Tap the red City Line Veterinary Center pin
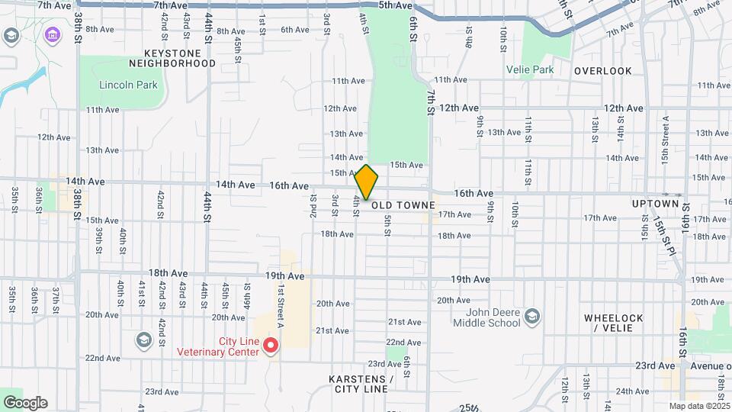tap(271, 346)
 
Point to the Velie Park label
tap(530, 69)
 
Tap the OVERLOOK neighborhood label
tap(603, 71)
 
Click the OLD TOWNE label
tap(403, 206)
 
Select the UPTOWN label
tap(655, 204)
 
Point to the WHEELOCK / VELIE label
tap(614, 323)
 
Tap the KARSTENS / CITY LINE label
tap(362, 384)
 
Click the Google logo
tap(25, 403)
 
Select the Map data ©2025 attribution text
tap(698, 406)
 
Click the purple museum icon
tap(52, 35)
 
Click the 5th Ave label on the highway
tap(396, 5)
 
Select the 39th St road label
tap(99, 240)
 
